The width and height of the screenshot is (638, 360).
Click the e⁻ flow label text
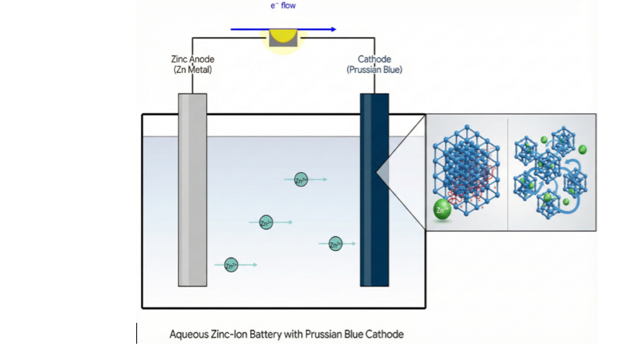(283, 6)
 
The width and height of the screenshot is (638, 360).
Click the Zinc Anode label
(193, 59)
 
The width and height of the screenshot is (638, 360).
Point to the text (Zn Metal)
(193, 70)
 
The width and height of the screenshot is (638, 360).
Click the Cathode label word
(374, 59)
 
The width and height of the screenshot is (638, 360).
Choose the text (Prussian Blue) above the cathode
(374, 70)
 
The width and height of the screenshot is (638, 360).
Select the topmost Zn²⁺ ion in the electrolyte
(301, 179)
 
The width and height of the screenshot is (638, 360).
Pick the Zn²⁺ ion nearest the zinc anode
(231, 265)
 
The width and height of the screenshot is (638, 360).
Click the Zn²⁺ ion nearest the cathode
(335, 244)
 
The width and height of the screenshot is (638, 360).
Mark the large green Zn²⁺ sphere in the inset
(442, 210)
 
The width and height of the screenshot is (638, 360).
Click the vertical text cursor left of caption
(137, 333)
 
